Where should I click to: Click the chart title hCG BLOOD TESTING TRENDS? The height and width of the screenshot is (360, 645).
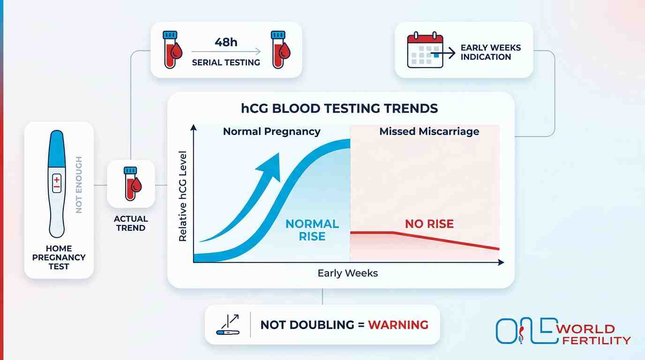click(340, 109)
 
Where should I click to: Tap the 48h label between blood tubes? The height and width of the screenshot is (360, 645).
click(226, 42)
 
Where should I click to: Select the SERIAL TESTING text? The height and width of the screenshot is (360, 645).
click(226, 62)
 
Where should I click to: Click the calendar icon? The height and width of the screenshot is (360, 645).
click(425, 50)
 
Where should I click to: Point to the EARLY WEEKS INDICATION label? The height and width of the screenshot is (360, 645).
click(490, 52)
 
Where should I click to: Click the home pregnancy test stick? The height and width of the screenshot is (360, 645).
click(56, 184)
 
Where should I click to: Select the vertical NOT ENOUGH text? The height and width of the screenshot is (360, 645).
click(79, 185)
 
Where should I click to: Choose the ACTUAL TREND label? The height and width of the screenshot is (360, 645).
click(131, 223)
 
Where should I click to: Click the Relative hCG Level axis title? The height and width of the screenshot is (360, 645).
click(183, 196)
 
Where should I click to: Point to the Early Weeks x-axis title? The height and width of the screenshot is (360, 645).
click(347, 273)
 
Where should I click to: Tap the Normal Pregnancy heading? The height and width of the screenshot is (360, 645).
click(271, 131)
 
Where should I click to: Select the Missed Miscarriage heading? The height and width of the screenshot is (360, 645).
click(429, 131)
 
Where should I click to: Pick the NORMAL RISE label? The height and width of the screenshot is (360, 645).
click(312, 230)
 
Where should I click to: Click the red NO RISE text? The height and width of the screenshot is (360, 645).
click(429, 224)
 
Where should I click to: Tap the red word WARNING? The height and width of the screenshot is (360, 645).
click(398, 324)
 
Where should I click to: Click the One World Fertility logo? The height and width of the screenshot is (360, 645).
click(562, 331)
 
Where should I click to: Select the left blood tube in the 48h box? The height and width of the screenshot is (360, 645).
click(171, 50)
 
